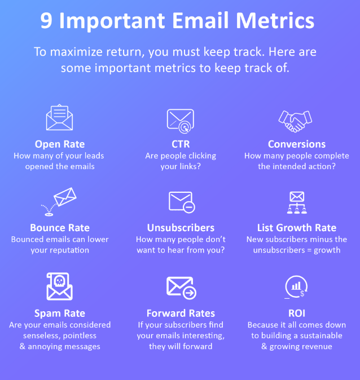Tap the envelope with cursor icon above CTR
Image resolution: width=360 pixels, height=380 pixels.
[181, 120]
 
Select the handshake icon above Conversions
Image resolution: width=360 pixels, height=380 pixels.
[296, 120]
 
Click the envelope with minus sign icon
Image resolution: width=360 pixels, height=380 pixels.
[181, 202]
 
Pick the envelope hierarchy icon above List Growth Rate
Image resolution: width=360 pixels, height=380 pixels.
[296, 202]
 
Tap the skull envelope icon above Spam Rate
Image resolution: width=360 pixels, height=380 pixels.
[60, 287]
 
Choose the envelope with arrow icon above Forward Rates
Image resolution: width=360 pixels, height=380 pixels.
[181, 288]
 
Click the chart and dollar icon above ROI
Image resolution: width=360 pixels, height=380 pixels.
[296, 287]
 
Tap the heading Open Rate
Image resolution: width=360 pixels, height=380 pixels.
[60, 144]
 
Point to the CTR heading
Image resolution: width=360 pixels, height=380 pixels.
[181, 144]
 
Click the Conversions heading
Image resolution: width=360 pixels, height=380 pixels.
[296, 144]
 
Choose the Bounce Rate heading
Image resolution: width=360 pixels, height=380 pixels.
[60, 228]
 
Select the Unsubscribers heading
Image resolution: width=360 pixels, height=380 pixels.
[181, 228]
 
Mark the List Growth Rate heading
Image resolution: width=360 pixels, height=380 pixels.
[296, 228]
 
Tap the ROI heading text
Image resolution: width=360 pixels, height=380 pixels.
[296, 313]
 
